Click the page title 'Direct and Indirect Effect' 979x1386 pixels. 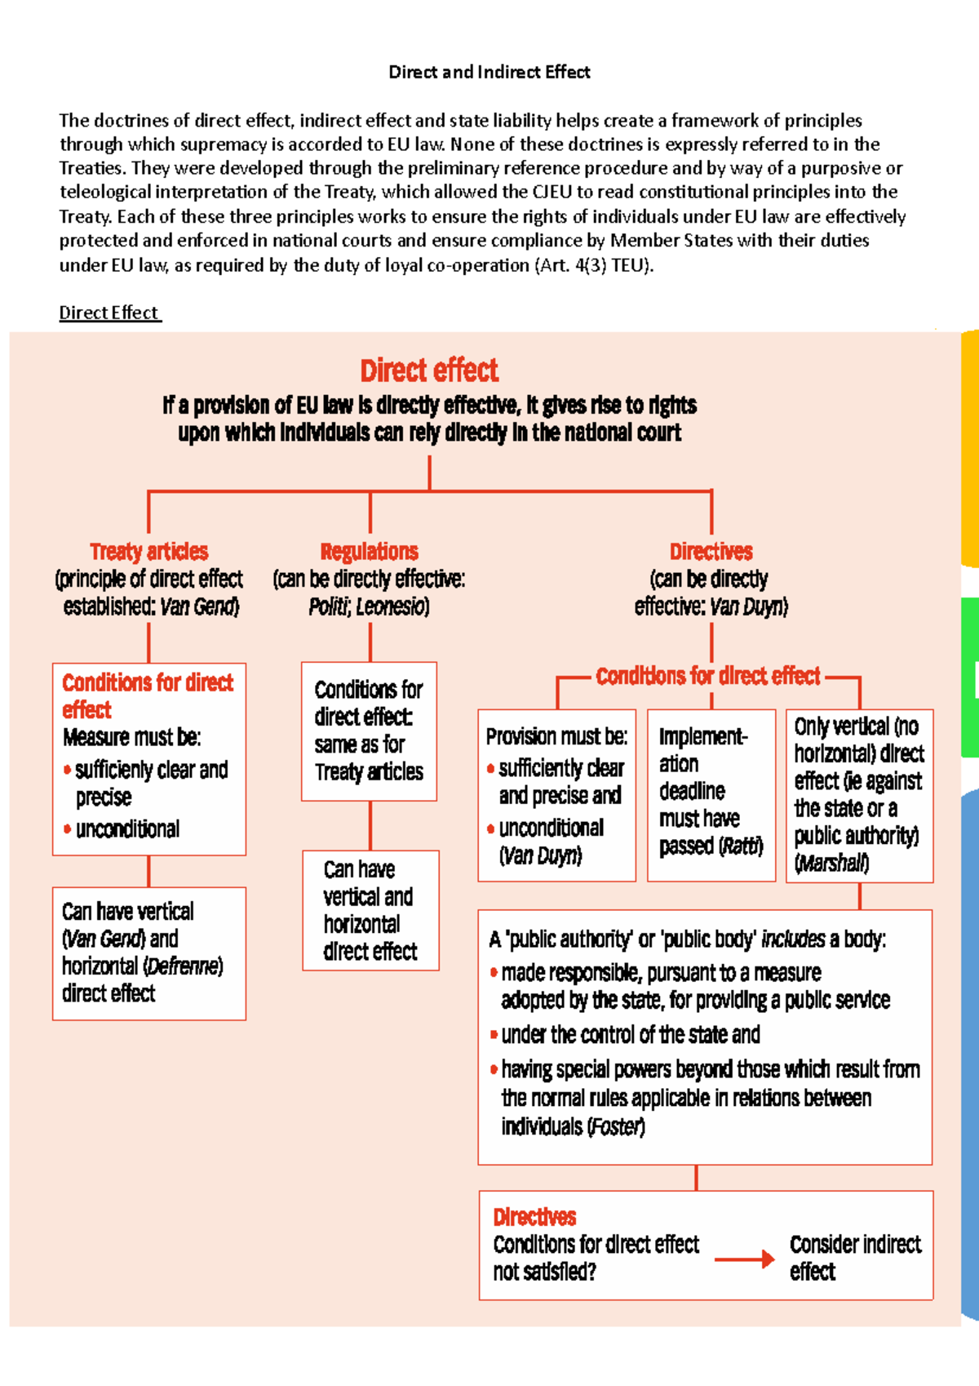pos(489,72)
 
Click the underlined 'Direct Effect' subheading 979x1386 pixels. pos(109,313)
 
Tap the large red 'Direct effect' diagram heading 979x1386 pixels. pos(429,371)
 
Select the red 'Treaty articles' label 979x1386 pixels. pos(148,552)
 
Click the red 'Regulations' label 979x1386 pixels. pos(370,552)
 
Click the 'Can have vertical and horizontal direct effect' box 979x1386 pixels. pos(370,910)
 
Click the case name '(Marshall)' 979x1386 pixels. pos(831,863)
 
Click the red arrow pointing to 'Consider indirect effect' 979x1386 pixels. pos(743,1259)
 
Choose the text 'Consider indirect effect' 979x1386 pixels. pos(854,1257)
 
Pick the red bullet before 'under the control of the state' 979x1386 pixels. pos(494,1035)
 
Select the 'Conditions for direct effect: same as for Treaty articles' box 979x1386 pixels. pos(369,731)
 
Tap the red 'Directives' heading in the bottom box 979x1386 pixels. pos(534,1217)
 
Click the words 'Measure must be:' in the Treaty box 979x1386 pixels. pos(131,737)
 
